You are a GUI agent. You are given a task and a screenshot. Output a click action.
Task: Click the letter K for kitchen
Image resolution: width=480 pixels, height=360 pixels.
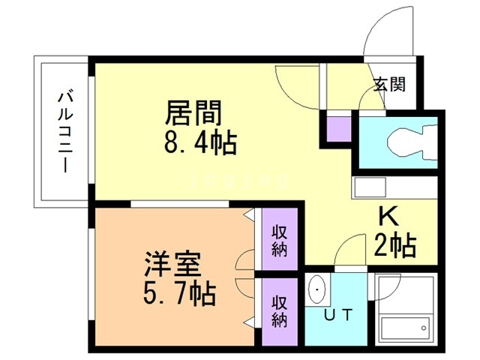388,217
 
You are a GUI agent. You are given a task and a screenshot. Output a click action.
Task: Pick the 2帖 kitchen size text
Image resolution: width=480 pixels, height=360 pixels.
395,244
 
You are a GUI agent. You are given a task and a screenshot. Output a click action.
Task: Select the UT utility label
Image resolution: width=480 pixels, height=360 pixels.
339,314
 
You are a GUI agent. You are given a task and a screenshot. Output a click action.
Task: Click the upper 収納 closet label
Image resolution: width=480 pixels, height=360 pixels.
280,241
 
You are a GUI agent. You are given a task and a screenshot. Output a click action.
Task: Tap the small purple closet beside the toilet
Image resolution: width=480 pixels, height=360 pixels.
337,128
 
